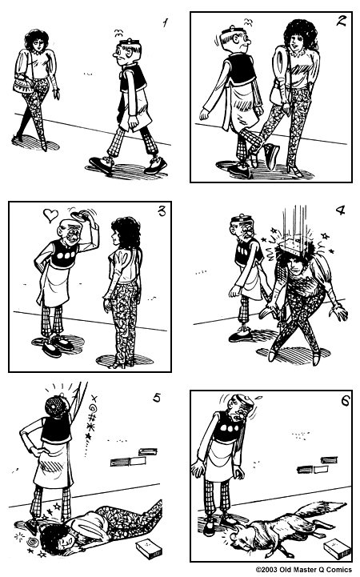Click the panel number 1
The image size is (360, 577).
coord(166,23)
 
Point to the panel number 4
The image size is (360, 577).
coord(340,211)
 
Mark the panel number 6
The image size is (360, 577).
coord(345,400)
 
